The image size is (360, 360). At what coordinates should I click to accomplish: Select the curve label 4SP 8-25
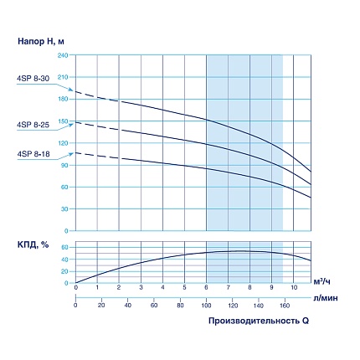[33, 125]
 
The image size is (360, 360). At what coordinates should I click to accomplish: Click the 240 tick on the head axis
[62, 55]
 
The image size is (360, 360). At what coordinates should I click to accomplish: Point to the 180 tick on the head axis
[62, 99]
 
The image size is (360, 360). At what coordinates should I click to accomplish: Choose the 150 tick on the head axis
[62, 121]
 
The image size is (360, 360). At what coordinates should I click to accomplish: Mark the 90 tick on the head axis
[64, 165]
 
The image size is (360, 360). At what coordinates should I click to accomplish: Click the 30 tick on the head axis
[64, 208]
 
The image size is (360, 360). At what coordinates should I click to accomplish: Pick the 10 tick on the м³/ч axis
[293, 288]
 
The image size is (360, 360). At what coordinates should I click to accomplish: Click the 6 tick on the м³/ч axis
[206, 288]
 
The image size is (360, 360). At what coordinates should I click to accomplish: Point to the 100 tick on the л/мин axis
[206, 305]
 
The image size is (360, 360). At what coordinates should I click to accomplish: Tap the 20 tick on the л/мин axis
[101, 305]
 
